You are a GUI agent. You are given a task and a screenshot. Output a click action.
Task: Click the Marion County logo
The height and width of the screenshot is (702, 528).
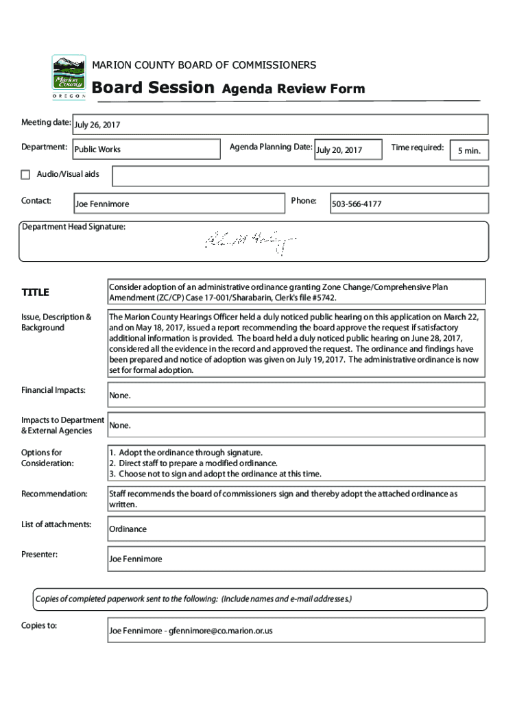pyautogui.click(x=69, y=77)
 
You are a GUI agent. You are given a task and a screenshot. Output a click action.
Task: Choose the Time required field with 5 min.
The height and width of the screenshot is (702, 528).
pyautogui.click(x=469, y=150)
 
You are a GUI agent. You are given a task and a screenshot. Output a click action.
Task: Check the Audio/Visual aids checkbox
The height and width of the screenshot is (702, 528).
pyautogui.click(x=26, y=174)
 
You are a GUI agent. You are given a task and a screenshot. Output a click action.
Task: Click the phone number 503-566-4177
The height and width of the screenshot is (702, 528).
pyautogui.click(x=357, y=204)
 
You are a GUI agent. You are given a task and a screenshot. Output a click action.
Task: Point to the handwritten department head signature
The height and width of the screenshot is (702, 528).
pyautogui.click(x=250, y=240)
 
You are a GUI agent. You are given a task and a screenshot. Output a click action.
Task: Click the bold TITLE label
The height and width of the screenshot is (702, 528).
pyautogui.click(x=35, y=293)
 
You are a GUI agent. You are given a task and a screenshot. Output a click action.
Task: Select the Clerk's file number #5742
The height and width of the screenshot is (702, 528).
pyautogui.click(x=322, y=299)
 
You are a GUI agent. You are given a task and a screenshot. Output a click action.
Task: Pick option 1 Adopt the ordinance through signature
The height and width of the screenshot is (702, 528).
pyautogui.click(x=186, y=452)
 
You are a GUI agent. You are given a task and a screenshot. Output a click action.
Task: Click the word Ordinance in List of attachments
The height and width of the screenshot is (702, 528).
pyautogui.click(x=128, y=529)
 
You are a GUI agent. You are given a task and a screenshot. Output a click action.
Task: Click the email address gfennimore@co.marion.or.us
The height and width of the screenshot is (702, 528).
pyautogui.click(x=220, y=630)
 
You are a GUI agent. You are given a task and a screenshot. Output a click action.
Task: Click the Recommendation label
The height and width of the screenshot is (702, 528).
pyautogui.click(x=54, y=494)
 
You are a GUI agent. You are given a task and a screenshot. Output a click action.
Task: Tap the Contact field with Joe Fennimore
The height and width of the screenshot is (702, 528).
pyautogui.click(x=178, y=204)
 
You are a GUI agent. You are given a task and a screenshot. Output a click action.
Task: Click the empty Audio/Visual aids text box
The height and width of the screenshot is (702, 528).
pyautogui.click(x=300, y=176)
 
